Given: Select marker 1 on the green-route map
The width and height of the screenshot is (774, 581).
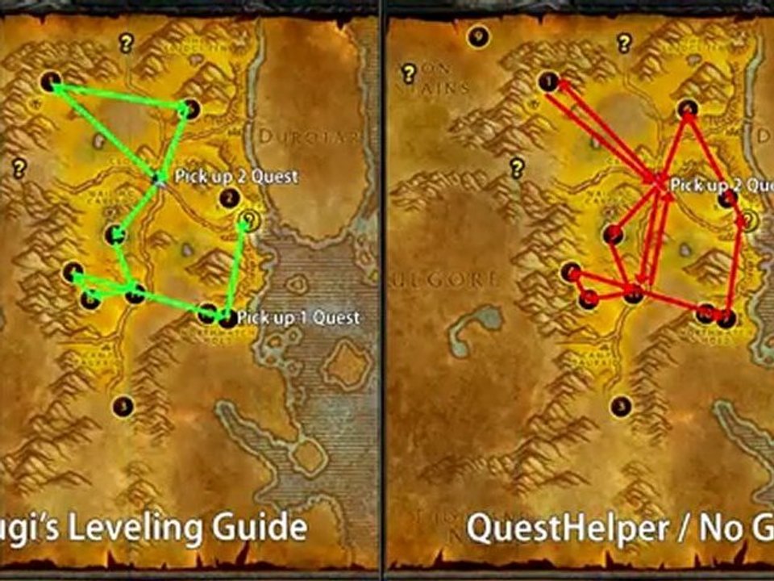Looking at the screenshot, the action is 51,81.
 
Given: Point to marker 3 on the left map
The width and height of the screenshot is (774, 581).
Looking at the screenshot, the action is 123,405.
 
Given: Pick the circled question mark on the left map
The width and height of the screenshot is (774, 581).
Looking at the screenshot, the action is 252,220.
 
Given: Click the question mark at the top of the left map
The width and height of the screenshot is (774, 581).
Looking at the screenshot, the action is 125,44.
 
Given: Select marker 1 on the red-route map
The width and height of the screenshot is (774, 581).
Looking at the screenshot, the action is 549,82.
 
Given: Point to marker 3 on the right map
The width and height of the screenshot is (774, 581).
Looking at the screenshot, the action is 620,406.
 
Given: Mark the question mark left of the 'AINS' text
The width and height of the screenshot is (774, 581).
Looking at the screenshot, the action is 409,73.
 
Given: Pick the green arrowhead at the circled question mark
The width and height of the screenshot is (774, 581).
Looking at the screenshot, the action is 241,228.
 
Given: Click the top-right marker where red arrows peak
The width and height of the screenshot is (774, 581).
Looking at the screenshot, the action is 687,107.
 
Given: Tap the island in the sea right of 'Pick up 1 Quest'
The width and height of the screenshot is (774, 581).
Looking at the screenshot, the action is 347,364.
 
